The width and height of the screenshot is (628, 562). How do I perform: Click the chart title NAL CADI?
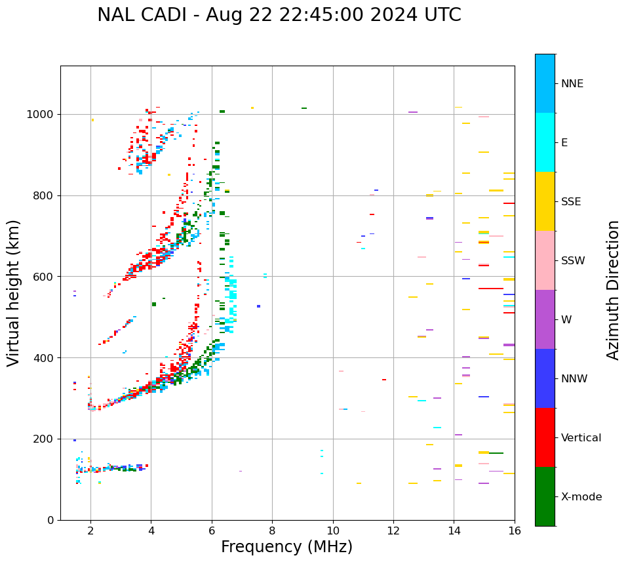pyautogui.click(x=279, y=15)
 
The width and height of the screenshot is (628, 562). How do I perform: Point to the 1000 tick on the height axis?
pyautogui.click(x=41, y=115)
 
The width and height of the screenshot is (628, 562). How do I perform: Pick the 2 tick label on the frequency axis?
pyautogui.click(x=90, y=531)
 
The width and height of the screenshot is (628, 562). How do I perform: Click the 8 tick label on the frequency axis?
pyautogui.click(x=272, y=531)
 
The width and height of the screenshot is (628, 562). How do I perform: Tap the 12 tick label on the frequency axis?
pyautogui.click(x=393, y=531)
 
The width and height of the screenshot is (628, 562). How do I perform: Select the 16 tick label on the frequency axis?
pyautogui.click(x=515, y=531)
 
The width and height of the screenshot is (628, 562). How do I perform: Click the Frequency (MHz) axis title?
pyautogui.click(x=286, y=547)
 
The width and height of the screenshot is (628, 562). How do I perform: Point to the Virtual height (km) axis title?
pyautogui.click(x=14, y=292)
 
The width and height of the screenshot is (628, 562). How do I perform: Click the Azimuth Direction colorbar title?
pyautogui.click(x=613, y=290)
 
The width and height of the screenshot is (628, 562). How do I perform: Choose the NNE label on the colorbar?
pyautogui.click(x=572, y=84)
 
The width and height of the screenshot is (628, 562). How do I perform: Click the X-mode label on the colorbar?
pyautogui.click(x=581, y=497)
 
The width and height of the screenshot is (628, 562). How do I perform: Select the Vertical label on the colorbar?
pyautogui.click(x=581, y=438)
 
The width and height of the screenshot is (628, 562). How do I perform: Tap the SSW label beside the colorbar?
pyautogui.click(x=573, y=261)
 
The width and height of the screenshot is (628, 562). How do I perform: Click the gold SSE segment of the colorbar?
pyautogui.click(x=545, y=201)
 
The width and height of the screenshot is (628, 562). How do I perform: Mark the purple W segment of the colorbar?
pyautogui.click(x=545, y=319)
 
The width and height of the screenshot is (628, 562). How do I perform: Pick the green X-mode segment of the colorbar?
pyautogui.click(x=545, y=496)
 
